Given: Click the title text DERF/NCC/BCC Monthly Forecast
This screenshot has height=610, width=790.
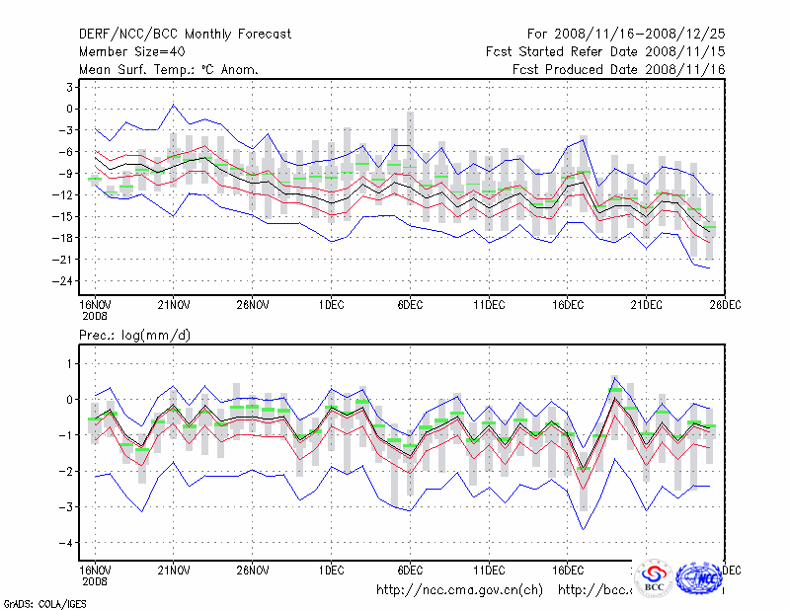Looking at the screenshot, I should click(x=185, y=35).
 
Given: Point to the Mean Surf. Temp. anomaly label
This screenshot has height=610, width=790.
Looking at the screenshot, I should click(x=169, y=70).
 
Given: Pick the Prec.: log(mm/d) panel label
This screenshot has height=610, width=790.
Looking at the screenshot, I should click(x=134, y=336).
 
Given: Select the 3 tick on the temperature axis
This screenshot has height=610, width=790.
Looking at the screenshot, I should click(x=71, y=87).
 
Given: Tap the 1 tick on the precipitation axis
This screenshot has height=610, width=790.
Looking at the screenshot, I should click(x=70, y=364).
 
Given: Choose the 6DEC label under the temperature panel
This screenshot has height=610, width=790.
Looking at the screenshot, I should click(x=410, y=304).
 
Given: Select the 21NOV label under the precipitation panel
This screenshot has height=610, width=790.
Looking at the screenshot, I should click(x=173, y=571).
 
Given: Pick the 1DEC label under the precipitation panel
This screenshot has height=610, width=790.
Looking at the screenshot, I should click(x=331, y=571).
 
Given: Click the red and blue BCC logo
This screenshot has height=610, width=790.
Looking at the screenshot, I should click(x=653, y=577).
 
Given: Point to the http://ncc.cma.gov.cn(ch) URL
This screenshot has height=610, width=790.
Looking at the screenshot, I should click(x=459, y=590).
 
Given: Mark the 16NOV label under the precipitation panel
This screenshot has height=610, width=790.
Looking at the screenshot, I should click(x=94, y=571).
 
